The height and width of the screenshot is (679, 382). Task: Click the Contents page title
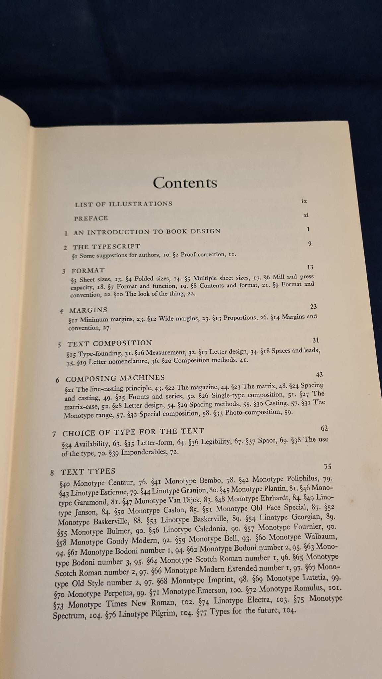185,183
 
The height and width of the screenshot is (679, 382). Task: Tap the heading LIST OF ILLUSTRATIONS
123,204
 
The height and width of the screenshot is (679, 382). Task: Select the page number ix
304,201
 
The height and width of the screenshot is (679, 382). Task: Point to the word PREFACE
91,218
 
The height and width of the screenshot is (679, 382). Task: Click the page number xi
306,215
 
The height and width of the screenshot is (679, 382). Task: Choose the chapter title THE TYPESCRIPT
106,247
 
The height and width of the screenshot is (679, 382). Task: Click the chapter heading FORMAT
88,271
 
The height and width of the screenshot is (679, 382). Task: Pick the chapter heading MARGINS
88,310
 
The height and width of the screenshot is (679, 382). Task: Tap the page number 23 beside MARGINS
313,307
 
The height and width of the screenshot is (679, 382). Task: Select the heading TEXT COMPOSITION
110,343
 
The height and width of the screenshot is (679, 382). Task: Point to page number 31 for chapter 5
316,340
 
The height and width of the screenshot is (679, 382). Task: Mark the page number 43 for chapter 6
320,375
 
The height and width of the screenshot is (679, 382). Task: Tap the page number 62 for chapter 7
324,428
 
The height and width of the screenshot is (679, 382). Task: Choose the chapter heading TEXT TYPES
88,471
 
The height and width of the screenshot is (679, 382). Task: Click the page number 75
328,467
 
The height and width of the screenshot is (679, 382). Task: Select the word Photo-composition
253,413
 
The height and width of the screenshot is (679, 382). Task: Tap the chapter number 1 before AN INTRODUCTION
66,233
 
